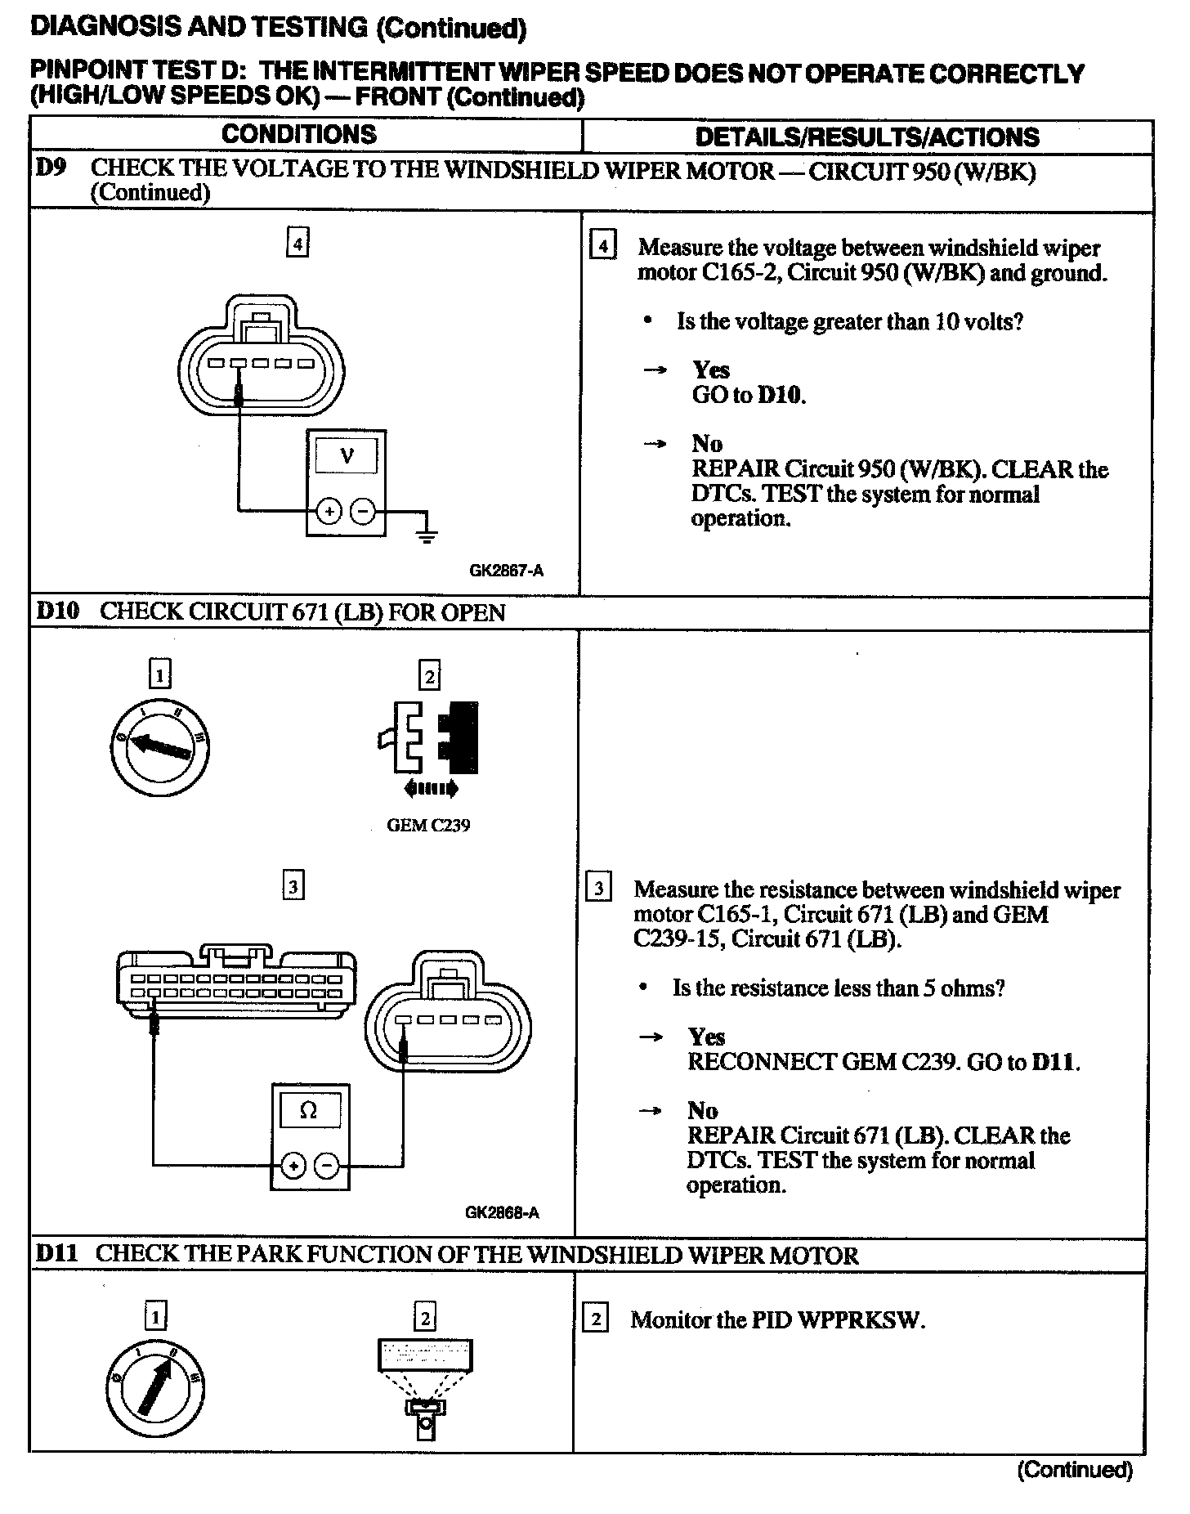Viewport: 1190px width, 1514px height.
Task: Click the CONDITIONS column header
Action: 299,135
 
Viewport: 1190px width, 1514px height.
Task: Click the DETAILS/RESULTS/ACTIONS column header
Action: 867,137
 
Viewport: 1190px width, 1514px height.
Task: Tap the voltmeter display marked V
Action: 347,456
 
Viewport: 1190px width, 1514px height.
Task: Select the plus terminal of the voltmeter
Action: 329,513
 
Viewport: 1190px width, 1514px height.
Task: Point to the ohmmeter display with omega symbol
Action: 309,1110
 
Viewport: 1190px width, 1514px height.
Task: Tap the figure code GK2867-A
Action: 506,571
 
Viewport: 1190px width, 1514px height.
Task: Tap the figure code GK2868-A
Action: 502,1212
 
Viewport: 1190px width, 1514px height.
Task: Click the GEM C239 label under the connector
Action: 428,826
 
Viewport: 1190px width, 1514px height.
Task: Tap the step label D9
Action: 51,168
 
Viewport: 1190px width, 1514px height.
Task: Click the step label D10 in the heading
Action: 58,611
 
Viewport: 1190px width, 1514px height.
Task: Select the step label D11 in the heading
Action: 56,1254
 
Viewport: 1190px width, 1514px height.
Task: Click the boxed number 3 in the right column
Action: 599,888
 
